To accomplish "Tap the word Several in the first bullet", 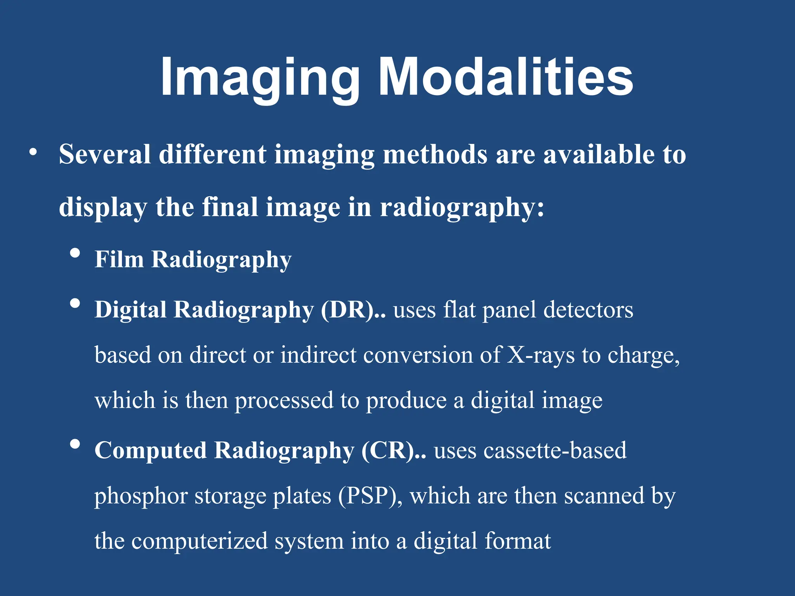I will (105, 154).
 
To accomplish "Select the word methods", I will (435, 154).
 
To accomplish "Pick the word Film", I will (119, 259).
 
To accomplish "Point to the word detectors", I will (588, 310).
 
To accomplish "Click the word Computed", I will (151, 450).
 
